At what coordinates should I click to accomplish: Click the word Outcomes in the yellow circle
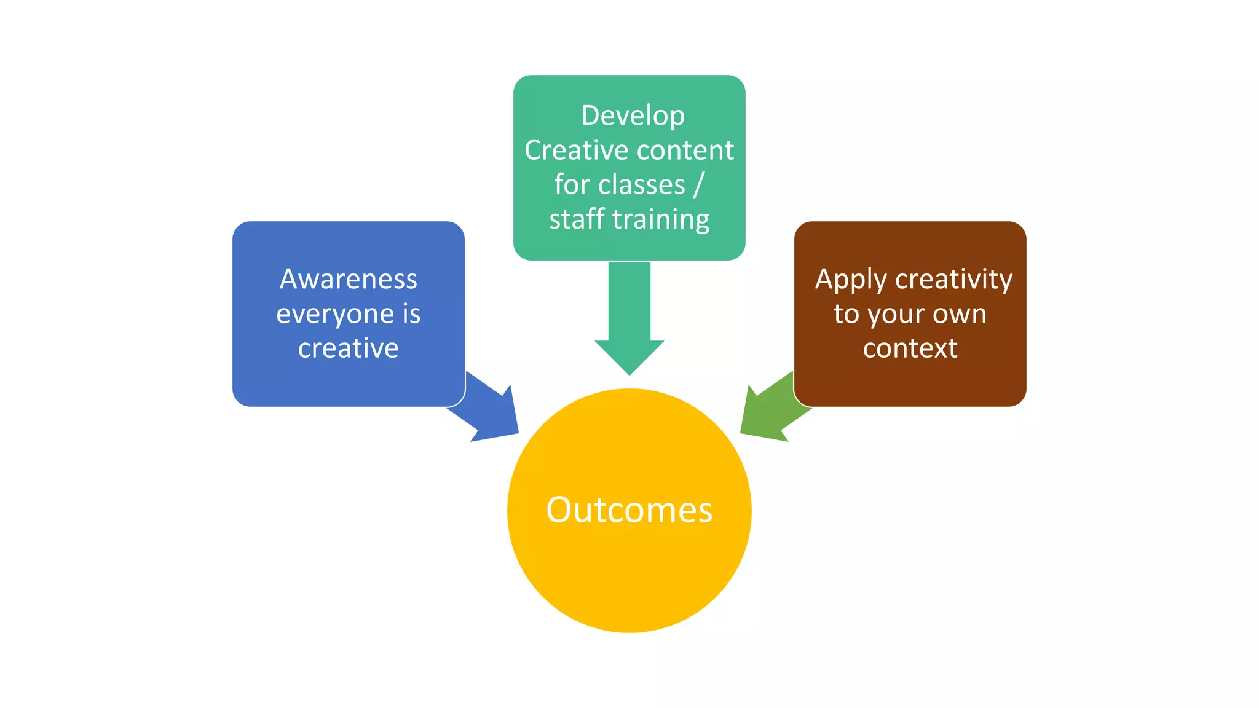(629, 510)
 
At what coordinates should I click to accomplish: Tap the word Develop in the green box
(633, 116)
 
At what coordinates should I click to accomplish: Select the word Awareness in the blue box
(349, 279)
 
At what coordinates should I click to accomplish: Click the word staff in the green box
(576, 219)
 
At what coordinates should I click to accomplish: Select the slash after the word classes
(698, 185)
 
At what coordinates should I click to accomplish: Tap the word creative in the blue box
(349, 348)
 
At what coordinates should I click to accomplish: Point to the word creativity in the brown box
(953, 280)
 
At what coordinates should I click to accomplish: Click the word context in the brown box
(910, 348)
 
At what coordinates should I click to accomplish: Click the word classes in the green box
(641, 184)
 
